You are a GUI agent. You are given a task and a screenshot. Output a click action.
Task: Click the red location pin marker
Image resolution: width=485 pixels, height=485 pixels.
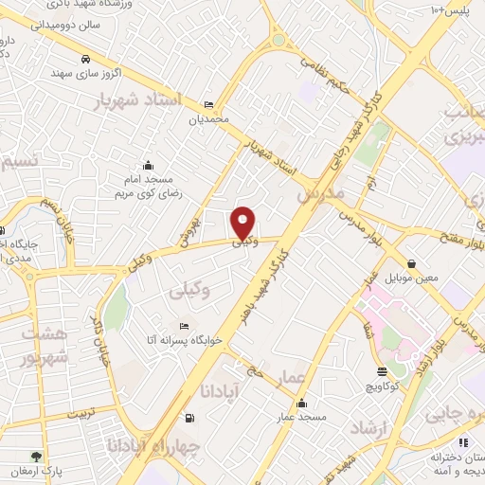click(244, 223)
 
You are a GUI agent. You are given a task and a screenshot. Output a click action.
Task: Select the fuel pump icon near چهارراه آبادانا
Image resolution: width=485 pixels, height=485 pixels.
click(190, 419)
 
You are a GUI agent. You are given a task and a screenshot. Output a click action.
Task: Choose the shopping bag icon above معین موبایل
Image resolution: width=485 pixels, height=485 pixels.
click(411, 263)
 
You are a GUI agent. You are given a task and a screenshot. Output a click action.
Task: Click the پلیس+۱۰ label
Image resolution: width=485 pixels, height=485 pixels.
click(452, 9)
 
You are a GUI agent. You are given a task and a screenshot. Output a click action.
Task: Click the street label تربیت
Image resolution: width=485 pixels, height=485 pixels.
click(75, 414)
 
